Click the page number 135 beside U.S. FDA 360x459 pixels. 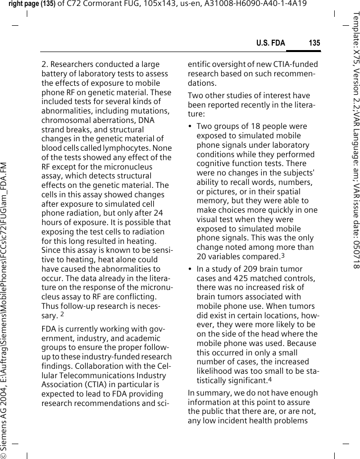pyautogui.click(x=314, y=43)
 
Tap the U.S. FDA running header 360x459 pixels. pyautogui.click(x=270, y=43)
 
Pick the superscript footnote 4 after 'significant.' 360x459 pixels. pyautogui.click(x=270, y=380)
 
